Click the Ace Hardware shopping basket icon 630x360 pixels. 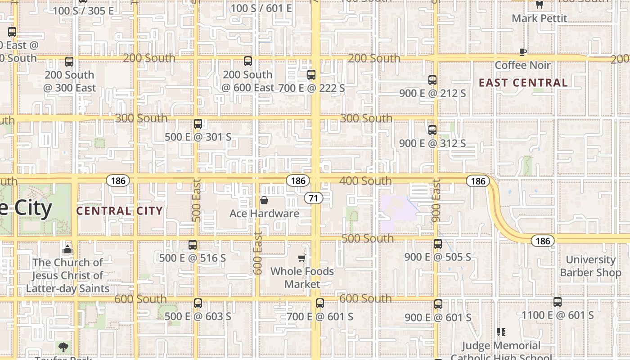264,200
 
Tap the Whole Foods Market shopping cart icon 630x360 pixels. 302,258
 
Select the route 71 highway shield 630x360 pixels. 314,198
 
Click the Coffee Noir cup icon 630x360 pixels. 522,52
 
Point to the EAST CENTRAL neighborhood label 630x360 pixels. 523,83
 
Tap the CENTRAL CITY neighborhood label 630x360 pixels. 119,211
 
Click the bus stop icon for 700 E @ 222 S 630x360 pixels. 311,75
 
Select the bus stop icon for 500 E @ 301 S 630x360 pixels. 198,124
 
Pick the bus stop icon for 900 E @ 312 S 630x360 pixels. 432,130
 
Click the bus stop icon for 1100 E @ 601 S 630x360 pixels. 558,302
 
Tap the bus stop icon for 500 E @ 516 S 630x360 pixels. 193,245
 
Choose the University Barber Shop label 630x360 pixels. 590,266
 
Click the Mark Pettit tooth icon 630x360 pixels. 540,5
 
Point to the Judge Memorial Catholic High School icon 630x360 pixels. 501,332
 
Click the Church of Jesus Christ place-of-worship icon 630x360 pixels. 67,249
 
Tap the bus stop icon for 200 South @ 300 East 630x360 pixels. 69,62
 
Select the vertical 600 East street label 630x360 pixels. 258,253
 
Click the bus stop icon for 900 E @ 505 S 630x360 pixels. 438,244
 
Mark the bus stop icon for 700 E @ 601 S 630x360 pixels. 320,303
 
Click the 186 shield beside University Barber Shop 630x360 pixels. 543,241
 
